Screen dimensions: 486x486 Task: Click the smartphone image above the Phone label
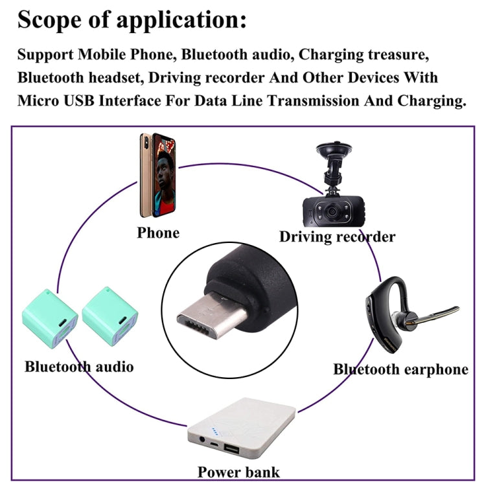157,176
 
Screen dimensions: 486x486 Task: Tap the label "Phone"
158,232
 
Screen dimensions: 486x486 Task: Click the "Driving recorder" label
337,237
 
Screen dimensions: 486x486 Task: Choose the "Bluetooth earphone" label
400,369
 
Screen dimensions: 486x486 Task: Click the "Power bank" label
238,472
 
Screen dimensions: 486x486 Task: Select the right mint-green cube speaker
108,317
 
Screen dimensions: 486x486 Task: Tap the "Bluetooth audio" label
79,367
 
